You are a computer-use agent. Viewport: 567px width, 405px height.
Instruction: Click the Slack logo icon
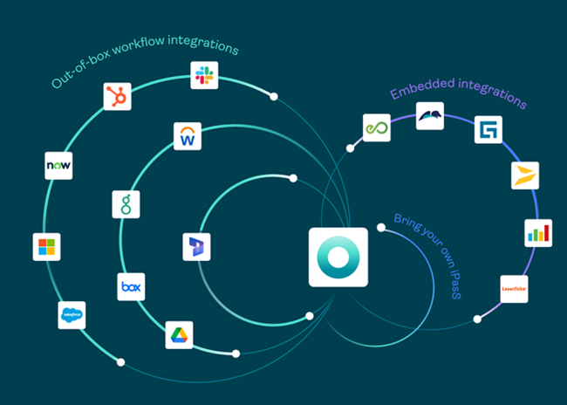(204, 75)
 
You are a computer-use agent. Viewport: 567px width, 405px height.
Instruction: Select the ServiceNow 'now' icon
(58, 165)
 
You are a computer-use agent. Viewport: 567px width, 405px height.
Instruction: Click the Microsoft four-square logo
(46, 246)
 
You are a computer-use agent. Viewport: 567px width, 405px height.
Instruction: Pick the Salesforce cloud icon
(72, 314)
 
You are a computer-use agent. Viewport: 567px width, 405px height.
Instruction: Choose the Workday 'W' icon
(188, 136)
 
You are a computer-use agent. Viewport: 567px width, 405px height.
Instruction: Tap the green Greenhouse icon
(126, 204)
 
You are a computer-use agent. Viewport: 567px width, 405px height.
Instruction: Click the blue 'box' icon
(131, 286)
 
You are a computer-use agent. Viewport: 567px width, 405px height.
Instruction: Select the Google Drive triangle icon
(179, 334)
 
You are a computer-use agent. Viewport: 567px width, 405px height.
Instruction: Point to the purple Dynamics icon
(197, 247)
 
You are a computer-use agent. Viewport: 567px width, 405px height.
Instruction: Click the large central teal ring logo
(338, 257)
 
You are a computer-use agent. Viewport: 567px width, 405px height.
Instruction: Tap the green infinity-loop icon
(376, 128)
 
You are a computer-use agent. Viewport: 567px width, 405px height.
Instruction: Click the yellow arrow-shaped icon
(524, 175)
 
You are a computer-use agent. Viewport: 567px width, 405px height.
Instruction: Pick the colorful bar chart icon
(537, 233)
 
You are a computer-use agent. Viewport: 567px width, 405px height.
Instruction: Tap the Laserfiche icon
(514, 289)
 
